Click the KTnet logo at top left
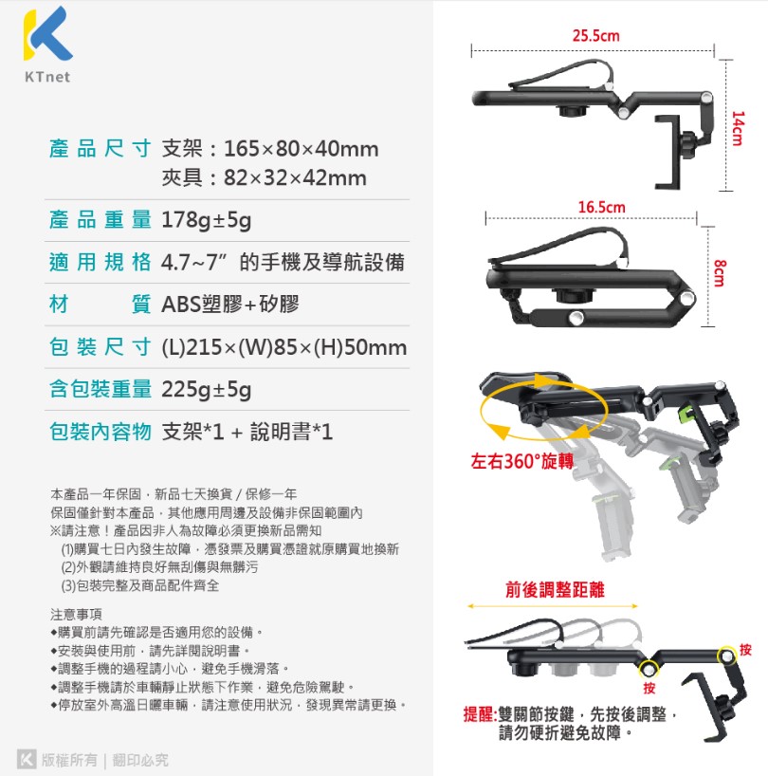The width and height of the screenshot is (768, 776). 46,43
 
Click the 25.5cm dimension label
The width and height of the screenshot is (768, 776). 595,36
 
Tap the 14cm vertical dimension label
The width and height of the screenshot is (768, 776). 737,128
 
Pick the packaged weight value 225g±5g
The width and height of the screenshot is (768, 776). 207,390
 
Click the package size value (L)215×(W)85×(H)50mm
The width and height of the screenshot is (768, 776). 284,347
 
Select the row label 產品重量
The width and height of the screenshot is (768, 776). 101,221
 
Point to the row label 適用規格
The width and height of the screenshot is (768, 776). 101,263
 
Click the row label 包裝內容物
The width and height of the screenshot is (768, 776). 101,433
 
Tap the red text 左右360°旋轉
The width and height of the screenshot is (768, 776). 522,462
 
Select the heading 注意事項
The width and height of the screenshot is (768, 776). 76,613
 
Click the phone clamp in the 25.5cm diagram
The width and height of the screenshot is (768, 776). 679,151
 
